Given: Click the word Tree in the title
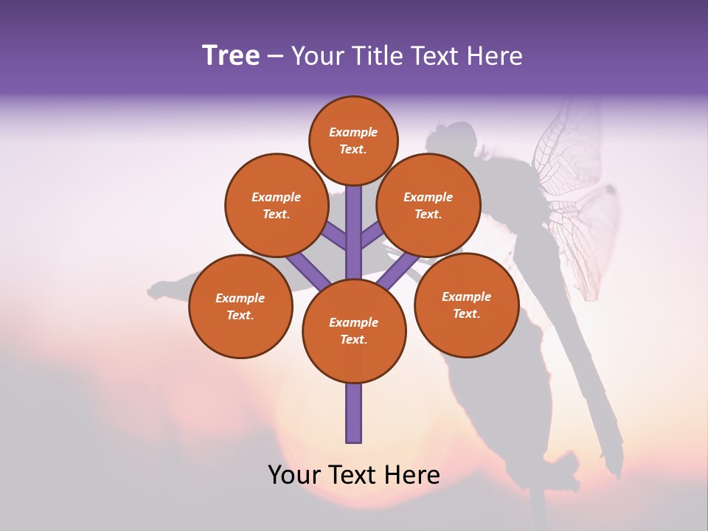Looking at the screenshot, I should coord(231,56).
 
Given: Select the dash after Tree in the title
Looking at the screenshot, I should coord(275,57).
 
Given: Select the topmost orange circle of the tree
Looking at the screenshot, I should coord(353,140).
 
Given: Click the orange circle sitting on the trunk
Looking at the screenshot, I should coord(354,331).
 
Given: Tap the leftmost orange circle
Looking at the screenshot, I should coord(240,306).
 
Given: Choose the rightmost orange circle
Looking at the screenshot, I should coord(466,305).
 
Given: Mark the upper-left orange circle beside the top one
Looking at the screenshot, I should coord(277,205).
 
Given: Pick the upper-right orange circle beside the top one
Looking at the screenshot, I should coord(428,205).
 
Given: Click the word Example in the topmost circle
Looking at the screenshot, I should coord(353,132).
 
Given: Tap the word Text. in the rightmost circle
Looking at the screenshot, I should coord(466,313).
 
